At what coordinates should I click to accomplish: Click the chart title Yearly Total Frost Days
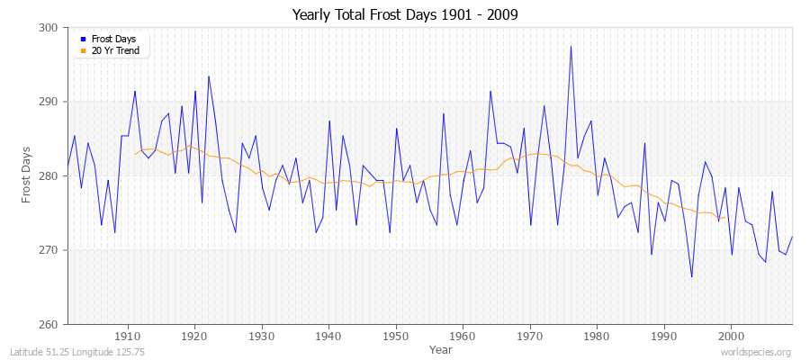[x=405, y=15]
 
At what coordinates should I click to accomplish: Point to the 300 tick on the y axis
[x=49, y=28]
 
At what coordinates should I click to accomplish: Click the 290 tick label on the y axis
[x=49, y=102]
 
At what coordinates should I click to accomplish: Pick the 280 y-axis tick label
[x=49, y=176]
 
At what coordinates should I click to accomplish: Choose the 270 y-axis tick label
[x=49, y=250]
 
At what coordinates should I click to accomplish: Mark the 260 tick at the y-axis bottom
[x=49, y=324]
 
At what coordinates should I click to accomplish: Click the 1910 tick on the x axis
[x=128, y=335]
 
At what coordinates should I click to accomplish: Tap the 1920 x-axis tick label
[x=194, y=335]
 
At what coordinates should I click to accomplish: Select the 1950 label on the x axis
[x=395, y=335]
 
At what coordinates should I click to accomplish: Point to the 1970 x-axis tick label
[x=529, y=335]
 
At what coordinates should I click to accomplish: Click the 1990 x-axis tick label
[x=663, y=335]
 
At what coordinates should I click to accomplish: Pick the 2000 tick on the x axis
[x=730, y=335]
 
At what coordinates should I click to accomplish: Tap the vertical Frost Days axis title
[x=26, y=175]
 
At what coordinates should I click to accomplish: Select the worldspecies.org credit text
[x=755, y=352]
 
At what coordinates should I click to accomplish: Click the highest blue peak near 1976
[x=571, y=47]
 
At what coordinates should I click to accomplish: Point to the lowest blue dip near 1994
[x=691, y=276]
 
